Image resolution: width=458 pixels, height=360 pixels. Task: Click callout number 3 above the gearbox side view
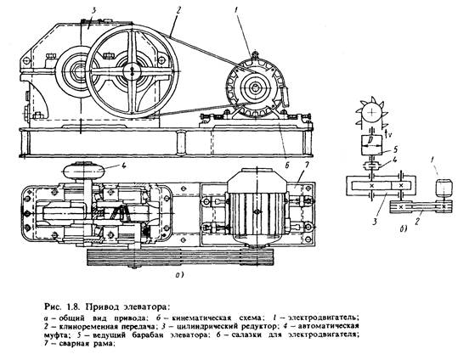point(93,11)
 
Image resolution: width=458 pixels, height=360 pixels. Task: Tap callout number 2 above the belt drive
point(179,11)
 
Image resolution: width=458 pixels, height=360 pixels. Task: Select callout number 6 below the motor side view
point(287,166)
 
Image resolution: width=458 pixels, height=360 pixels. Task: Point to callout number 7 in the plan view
point(306,166)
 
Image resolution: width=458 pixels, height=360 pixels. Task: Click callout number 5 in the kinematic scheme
point(394,149)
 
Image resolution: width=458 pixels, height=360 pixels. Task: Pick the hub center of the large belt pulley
point(132,71)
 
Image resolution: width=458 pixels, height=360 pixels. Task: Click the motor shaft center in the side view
point(256,87)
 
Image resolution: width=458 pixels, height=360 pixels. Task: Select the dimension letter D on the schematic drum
point(370,140)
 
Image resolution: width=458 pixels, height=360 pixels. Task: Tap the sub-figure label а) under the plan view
point(178,275)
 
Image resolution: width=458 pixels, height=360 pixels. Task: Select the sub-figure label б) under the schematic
point(403,229)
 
